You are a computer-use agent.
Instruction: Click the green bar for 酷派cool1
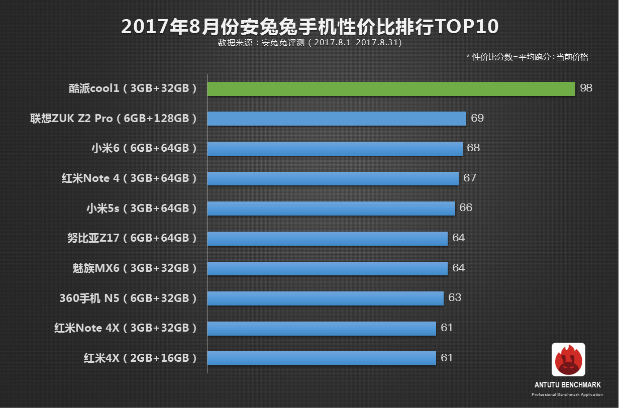pos(391,89)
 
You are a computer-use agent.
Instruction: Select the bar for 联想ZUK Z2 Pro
pos(337,119)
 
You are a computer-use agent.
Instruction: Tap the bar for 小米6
pos(335,149)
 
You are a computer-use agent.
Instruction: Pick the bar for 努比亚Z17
pos(327,239)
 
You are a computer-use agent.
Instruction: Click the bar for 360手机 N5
pos(325,298)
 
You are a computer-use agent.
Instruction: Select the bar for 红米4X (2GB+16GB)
pos(322,358)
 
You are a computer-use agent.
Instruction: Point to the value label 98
pos(586,88)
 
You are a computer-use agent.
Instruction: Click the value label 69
pos(477,118)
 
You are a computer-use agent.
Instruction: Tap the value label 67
pos(470,178)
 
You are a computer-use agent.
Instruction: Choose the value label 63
pos(455,297)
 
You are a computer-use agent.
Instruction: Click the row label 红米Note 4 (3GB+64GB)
pos(129,178)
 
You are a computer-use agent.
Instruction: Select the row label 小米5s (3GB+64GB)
pos(141,208)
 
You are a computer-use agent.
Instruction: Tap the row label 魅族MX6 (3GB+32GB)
pos(134,268)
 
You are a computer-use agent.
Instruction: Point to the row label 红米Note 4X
pos(125,328)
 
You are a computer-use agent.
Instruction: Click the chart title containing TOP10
pos(309,27)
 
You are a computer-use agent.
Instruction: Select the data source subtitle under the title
pos(309,43)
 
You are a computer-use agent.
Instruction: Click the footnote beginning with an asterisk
pos(527,57)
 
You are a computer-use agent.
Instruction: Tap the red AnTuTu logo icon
pos(568,360)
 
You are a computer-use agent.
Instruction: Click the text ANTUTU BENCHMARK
pos(568,385)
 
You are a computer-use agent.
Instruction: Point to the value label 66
pos(466,208)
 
